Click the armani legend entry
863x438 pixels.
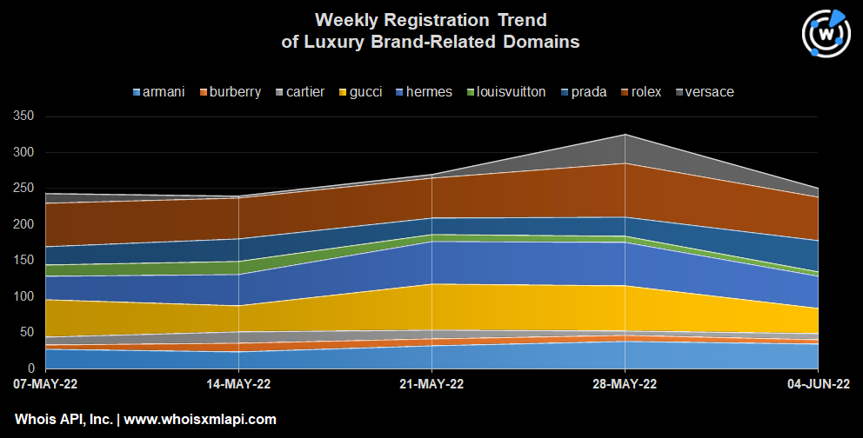[159, 92]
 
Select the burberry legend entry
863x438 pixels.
[231, 92]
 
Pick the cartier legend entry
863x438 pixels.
[304, 92]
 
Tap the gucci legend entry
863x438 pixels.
[366, 92]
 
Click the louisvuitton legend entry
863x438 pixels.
[505, 92]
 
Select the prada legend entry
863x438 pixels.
[587, 92]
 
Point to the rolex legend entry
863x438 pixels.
[644, 92]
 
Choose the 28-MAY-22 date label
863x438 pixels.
[624, 383]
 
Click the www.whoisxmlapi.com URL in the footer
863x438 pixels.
[200, 419]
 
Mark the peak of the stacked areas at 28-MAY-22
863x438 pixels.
[625, 135]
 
